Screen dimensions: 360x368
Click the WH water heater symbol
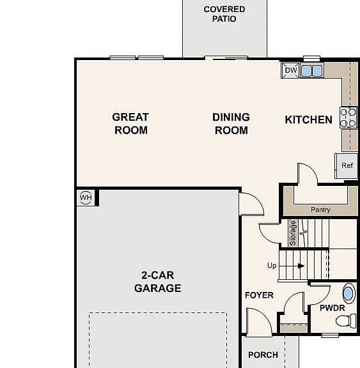coord(86,197)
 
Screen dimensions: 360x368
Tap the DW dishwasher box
coord(290,70)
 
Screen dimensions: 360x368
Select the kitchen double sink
coord(311,70)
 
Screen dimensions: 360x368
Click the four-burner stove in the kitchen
coord(348,118)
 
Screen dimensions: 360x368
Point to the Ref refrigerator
coord(347,165)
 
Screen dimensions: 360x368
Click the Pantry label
coord(320,210)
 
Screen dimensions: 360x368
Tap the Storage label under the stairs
coord(293,233)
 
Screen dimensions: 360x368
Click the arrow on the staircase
coord(301,266)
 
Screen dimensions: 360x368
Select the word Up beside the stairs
coord(272,266)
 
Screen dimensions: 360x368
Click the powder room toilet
coord(346,321)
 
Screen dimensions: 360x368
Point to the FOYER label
coord(259,295)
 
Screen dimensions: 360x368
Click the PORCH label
coord(263,355)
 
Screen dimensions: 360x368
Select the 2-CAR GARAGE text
coord(157,282)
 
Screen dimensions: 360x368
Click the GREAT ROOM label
coord(130,124)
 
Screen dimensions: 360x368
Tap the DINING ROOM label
coord(231,124)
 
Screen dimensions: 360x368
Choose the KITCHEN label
coord(308,119)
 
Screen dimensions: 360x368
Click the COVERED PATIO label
coord(224,14)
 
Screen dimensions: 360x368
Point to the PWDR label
coord(332,308)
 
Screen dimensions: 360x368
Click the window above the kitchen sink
coord(311,58)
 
